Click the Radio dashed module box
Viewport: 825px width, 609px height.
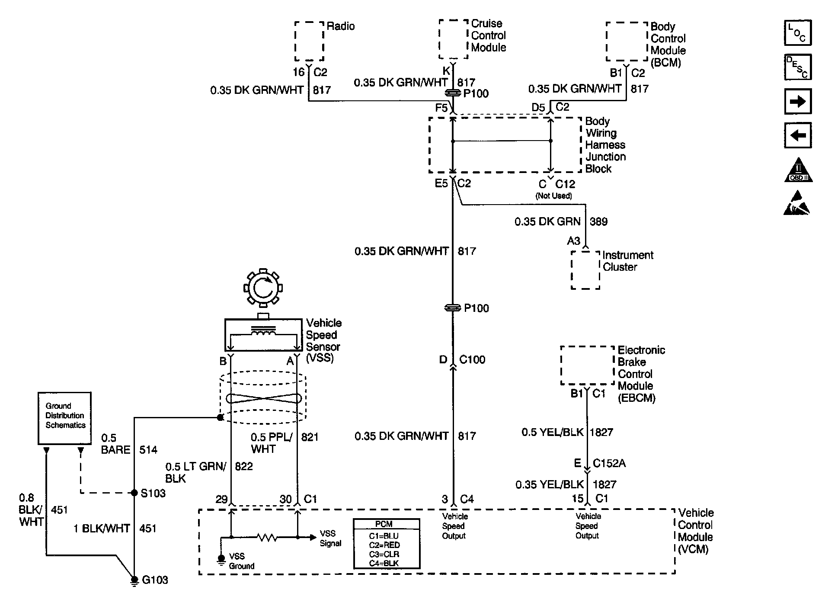pos(309,41)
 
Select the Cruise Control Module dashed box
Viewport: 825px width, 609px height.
pos(454,39)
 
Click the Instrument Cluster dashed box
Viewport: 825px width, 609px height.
pos(585,270)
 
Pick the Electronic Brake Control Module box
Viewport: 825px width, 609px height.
pos(587,365)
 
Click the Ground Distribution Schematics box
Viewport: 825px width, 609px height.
pos(64,418)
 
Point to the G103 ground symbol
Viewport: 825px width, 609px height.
pos(134,580)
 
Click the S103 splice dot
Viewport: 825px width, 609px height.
pos(134,493)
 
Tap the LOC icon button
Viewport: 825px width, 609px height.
pos(797,33)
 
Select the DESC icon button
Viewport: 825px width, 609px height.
pos(797,67)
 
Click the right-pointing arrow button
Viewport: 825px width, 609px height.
pos(797,102)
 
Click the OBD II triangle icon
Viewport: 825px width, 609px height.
pos(798,170)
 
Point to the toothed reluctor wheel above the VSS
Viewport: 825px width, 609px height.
pos(263,287)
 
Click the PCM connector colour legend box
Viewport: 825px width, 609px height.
pos(387,544)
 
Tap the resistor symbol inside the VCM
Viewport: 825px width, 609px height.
pos(267,538)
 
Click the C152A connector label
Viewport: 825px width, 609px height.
pos(609,463)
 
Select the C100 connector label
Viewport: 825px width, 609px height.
pos(472,360)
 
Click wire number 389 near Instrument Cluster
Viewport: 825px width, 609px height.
pos(598,222)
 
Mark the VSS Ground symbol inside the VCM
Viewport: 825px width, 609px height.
pos(221,560)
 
